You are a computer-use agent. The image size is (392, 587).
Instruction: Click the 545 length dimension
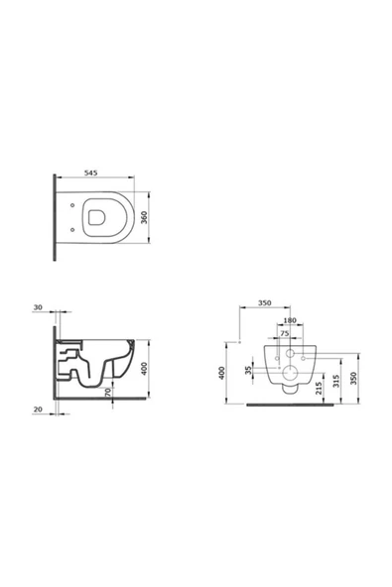pyautogui.click(x=90, y=173)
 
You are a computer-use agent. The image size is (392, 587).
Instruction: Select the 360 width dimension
pyautogui.click(x=144, y=217)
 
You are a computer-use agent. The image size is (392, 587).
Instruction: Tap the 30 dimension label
pyautogui.click(x=38, y=307)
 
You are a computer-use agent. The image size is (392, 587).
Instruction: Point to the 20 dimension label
pyautogui.click(x=38, y=410)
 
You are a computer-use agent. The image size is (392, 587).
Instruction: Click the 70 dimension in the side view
pyautogui.click(x=108, y=393)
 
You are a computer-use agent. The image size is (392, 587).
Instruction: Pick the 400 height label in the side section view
pyautogui.click(x=144, y=369)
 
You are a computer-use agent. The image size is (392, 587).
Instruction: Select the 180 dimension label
pyautogui.click(x=290, y=320)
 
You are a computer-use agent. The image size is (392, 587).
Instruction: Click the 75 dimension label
pyautogui.click(x=285, y=333)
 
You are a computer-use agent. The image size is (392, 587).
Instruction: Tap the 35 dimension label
pyautogui.click(x=248, y=370)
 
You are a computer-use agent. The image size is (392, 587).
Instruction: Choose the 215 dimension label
pyautogui.click(x=319, y=389)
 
